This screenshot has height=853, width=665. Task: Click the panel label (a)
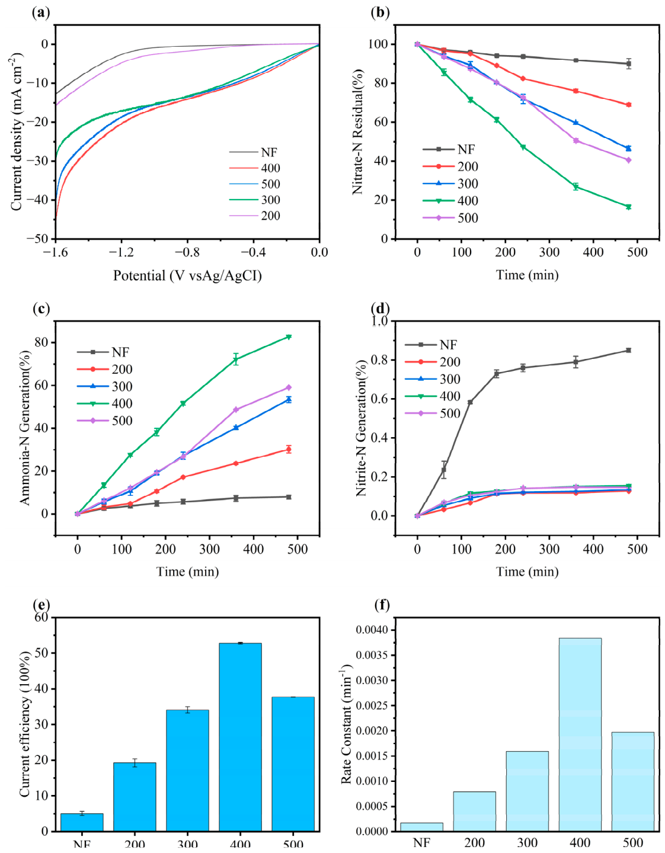pos(40,12)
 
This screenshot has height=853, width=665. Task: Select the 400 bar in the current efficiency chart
pos(240,737)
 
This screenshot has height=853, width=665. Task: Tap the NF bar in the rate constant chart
pos(421,827)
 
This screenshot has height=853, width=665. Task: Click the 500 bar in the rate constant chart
pos(632,781)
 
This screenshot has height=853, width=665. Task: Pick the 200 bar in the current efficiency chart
pos(135,797)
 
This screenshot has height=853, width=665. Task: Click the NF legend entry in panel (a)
pos(254,153)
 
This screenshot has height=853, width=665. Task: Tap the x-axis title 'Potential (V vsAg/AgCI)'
pos(187,275)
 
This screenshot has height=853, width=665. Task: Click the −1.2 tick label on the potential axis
pos(121,252)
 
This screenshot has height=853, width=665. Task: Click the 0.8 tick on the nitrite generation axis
pos(379,360)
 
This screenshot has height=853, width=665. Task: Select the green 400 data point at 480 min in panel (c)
pos(289,337)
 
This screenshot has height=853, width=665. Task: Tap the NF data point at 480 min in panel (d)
pos(628,350)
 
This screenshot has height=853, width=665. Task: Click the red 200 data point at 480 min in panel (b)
pos(628,105)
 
